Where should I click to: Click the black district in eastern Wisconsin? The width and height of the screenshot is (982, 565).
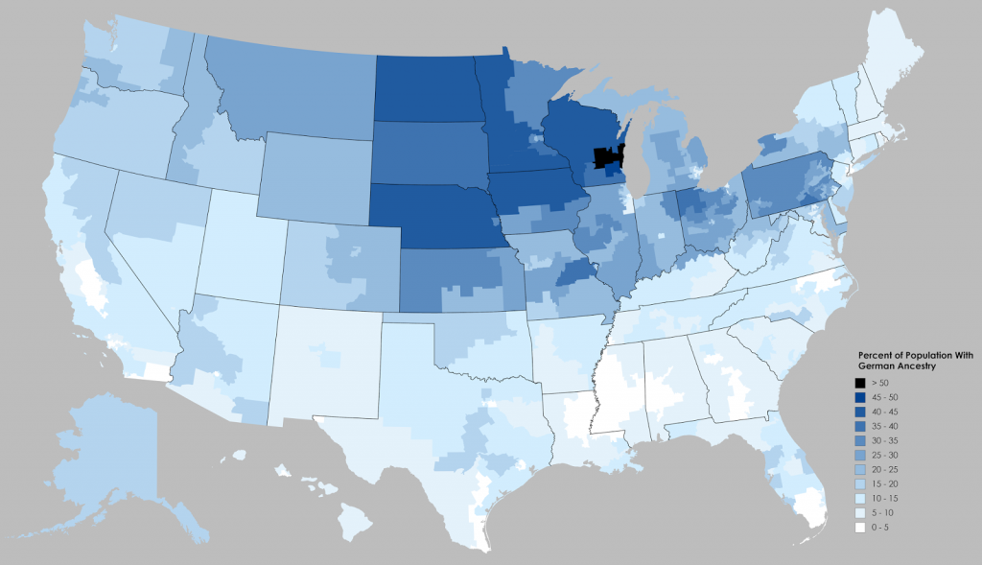click(x=605, y=155)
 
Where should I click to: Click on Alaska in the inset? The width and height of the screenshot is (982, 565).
click(x=105, y=451)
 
